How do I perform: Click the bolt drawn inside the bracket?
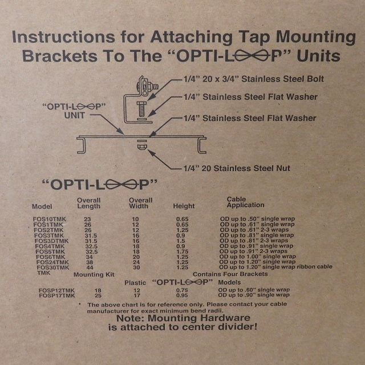tap(140, 107)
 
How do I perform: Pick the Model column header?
tap(42, 206)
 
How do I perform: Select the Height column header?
tap(184, 206)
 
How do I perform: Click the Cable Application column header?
tap(245, 202)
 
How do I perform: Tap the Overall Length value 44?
tap(88, 267)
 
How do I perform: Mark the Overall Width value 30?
tap(136, 267)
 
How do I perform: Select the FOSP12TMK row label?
tap(56, 290)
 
